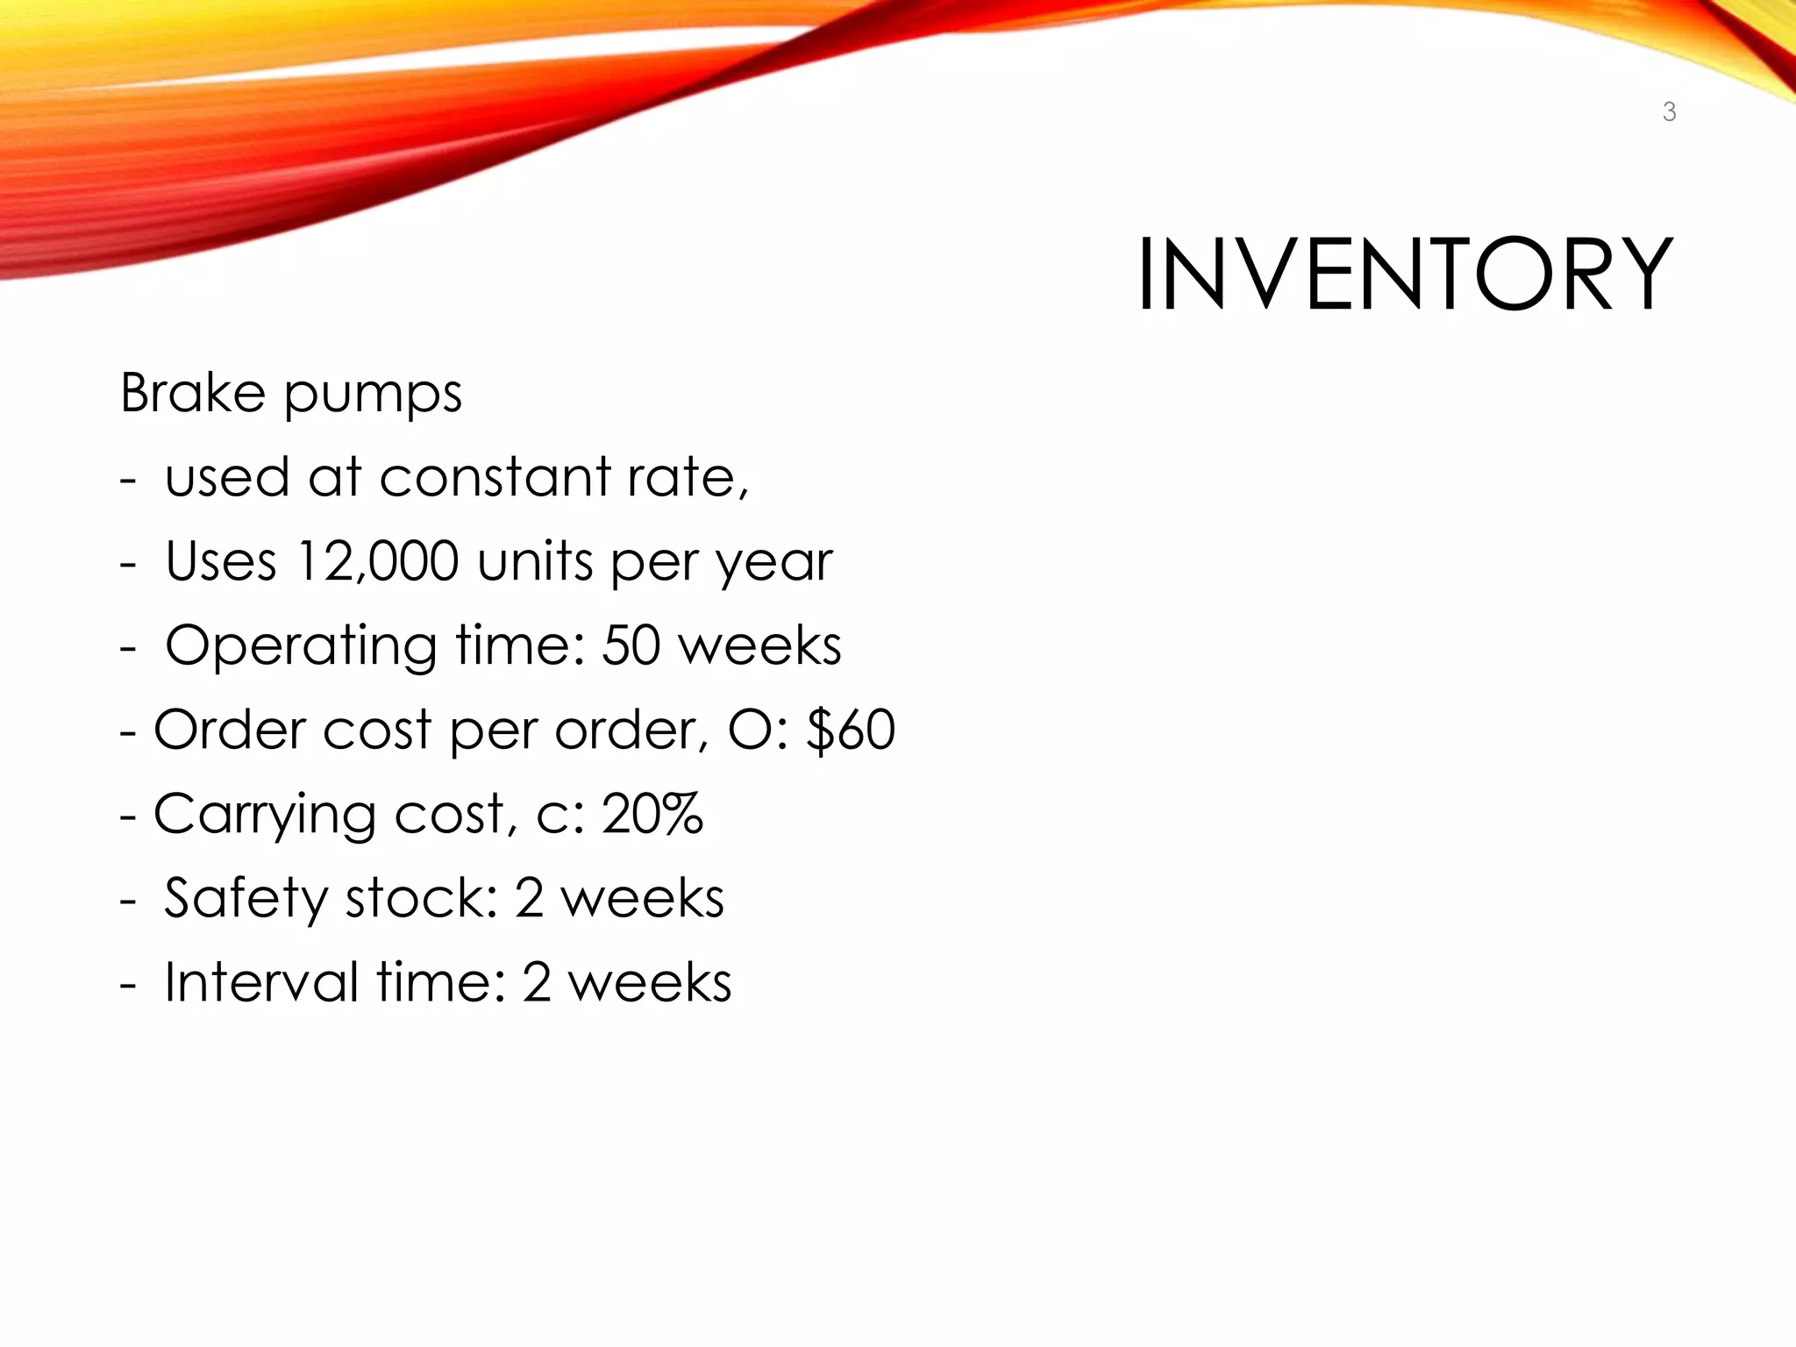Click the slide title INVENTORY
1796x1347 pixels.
[1405, 274]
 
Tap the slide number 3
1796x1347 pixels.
[1669, 112]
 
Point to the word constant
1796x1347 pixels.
[495, 477]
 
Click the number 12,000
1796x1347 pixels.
[377, 561]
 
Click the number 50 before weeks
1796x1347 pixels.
[631, 645]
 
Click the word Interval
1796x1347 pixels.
[261, 982]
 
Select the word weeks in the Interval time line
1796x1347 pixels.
[650, 982]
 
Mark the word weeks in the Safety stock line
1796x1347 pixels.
[643, 898]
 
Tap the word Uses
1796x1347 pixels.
[221, 561]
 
